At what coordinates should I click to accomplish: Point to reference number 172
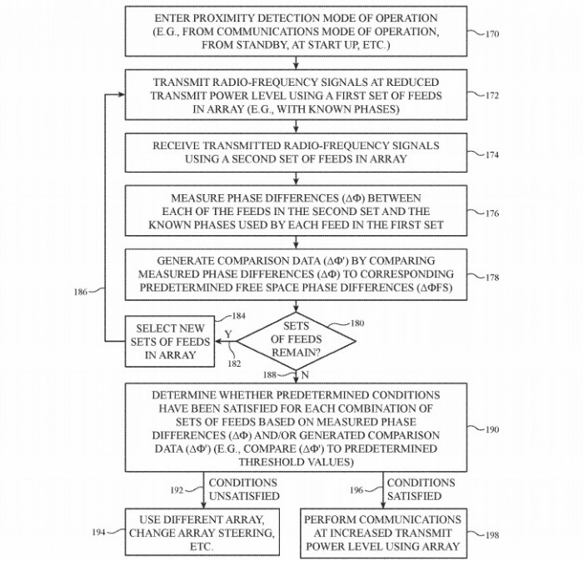(x=492, y=96)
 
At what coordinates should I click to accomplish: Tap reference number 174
(x=492, y=154)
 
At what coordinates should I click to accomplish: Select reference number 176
(x=492, y=213)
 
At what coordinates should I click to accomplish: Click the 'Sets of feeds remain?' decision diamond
(x=296, y=340)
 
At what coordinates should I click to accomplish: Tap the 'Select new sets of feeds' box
(x=172, y=341)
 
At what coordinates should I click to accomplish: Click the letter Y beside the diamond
(x=227, y=333)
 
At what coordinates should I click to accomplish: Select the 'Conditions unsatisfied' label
(x=243, y=489)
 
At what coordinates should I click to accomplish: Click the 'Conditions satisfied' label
(x=421, y=489)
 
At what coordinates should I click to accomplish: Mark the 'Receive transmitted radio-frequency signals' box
(x=296, y=152)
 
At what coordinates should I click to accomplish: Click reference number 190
(x=492, y=429)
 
